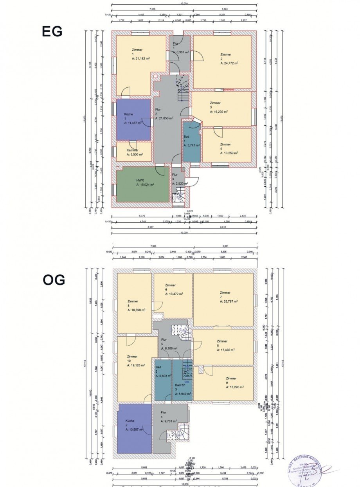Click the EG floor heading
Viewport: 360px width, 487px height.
point(52,32)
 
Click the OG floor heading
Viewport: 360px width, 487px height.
point(54,280)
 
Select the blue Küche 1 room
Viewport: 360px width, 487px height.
point(133,119)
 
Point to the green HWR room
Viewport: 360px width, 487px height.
point(142,184)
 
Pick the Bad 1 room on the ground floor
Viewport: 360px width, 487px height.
point(191,141)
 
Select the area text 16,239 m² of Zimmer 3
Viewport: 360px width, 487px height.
point(219,111)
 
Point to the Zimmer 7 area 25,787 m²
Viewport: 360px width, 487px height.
point(229,301)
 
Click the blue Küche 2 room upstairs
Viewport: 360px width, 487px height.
point(134,429)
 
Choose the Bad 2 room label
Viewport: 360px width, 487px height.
point(158,367)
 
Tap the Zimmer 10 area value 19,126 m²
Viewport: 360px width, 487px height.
point(136,365)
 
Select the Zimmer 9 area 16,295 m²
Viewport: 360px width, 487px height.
point(235,387)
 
